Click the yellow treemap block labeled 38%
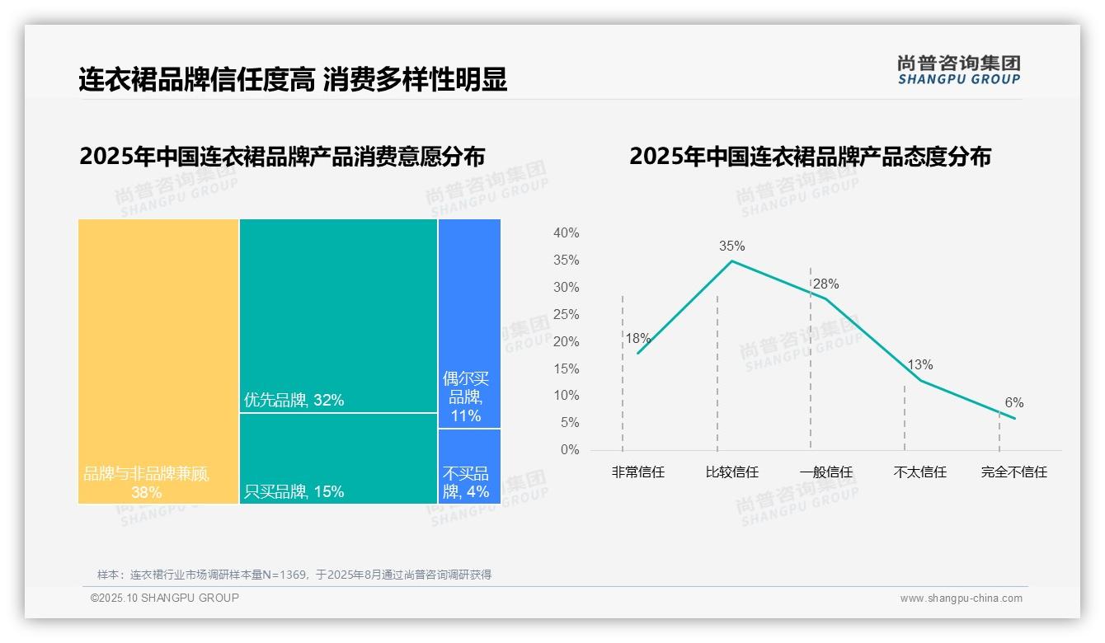click(x=158, y=361)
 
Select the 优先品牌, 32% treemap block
click(x=338, y=315)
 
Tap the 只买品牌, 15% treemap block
click(x=338, y=458)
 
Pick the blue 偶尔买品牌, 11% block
click(x=469, y=323)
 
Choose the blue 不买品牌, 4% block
click(x=469, y=466)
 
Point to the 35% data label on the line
click(x=731, y=246)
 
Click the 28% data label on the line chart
click(x=825, y=284)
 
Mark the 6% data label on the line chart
click(x=1013, y=403)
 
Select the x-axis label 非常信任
click(x=637, y=472)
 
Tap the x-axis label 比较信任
click(x=731, y=472)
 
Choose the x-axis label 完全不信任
click(x=1013, y=472)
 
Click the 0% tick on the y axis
click(x=570, y=450)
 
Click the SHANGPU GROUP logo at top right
click(x=958, y=70)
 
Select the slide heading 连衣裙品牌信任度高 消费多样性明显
click(x=293, y=79)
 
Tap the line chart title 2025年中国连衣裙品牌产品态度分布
click(x=810, y=157)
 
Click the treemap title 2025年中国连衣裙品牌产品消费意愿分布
click(x=282, y=157)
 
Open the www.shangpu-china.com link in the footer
click(x=961, y=598)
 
